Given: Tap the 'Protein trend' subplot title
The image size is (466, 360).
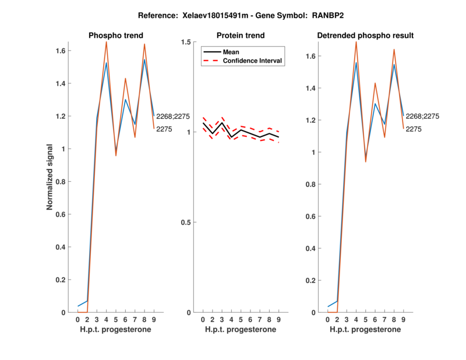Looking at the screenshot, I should (x=241, y=36).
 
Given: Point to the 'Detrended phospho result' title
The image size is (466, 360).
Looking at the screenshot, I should (x=365, y=36).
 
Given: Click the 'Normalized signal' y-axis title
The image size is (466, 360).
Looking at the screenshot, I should (x=52, y=177).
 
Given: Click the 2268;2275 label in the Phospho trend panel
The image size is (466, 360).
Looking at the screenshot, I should (x=173, y=117).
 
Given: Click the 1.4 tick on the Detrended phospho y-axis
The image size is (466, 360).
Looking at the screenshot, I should (x=314, y=89).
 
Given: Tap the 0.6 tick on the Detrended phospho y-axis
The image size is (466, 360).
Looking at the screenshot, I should (x=314, y=217).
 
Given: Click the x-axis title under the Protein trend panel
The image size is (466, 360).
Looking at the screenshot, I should (x=241, y=330).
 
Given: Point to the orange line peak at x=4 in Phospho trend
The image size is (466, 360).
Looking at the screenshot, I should (x=106, y=43).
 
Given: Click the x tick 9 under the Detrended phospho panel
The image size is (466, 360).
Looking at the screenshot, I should (x=403, y=320).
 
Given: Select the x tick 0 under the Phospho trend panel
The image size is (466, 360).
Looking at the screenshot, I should (x=78, y=320).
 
